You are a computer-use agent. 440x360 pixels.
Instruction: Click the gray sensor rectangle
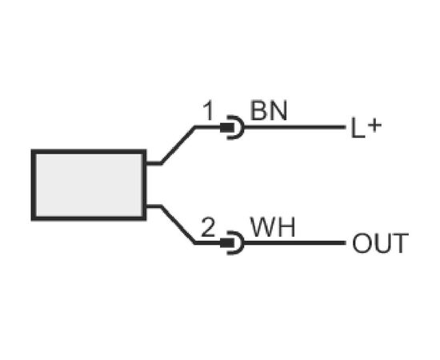pyautogui.click(x=89, y=185)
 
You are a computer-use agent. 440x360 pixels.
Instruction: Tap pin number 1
pyautogui.click(x=209, y=111)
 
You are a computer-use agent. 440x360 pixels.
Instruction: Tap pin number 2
pyautogui.click(x=208, y=227)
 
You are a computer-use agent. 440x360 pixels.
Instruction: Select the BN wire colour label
pyautogui.click(x=269, y=110)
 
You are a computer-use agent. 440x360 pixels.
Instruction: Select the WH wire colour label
pyautogui.click(x=273, y=227)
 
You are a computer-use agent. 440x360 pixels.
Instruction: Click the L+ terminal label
pyautogui.click(x=366, y=128)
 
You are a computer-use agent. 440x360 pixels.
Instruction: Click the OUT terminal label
pyautogui.click(x=380, y=243)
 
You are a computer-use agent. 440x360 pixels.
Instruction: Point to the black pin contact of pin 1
pyautogui.click(x=226, y=127)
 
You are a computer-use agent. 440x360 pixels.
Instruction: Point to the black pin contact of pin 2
pyautogui.click(x=226, y=243)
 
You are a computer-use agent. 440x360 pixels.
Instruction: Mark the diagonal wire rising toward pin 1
pyautogui.click(x=178, y=145)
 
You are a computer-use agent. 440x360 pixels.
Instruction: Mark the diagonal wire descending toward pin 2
pyautogui.click(x=178, y=225)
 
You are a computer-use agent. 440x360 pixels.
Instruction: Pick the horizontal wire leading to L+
pyautogui.click(x=294, y=127)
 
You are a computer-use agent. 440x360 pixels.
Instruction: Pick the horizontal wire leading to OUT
pyautogui.click(x=294, y=243)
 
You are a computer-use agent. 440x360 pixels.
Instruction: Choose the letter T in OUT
pyautogui.click(x=399, y=243)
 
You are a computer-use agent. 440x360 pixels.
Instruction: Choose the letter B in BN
pyautogui.click(x=258, y=110)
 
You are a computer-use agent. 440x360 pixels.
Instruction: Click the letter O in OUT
pyautogui.click(x=362, y=243)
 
